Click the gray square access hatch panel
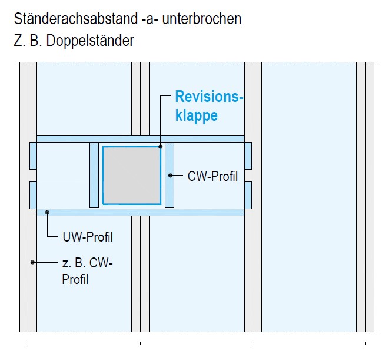tap(132, 175)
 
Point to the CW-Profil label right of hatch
tap(212, 176)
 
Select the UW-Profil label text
tap(87, 237)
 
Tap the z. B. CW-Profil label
tap(87, 270)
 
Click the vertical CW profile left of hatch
tap(94, 175)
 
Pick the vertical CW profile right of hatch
tap(170, 175)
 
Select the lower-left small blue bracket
tap(34, 194)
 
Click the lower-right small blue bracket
tap(248, 194)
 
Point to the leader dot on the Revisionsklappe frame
tap(160, 146)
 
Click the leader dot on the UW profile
tap(48, 212)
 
